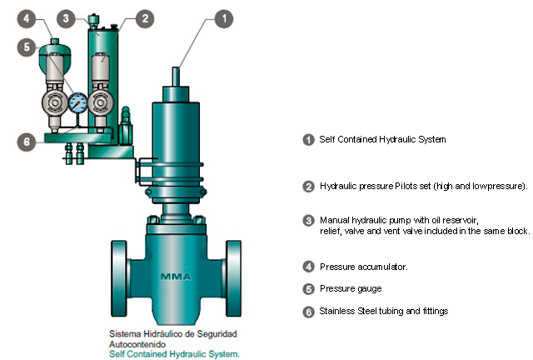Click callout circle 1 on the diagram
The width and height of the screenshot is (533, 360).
[x=224, y=18]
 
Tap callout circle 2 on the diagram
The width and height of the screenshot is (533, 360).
[x=145, y=18]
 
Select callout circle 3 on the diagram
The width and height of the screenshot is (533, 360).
[x=66, y=18]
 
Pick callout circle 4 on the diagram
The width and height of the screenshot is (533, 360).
[x=27, y=18]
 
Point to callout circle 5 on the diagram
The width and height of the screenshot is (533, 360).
[x=27, y=47]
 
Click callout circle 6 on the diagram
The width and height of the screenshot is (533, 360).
[x=27, y=142]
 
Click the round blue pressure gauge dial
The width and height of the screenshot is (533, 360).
[x=77, y=102]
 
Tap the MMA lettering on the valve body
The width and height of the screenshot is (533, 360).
[x=176, y=277]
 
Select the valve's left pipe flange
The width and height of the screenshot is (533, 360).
[x=119, y=279]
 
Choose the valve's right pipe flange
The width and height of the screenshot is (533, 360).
[x=233, y=279]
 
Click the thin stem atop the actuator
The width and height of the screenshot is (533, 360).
[x=176, y=77]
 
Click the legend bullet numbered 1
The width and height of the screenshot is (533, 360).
[x=308, y=140]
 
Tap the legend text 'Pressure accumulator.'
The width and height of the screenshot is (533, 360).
[x=364, y=267]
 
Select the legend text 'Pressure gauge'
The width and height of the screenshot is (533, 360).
[x=351, y=289]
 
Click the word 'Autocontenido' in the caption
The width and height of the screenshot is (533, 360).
[x=137, y=344]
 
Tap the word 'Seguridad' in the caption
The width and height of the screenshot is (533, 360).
[x=217, y=334]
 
